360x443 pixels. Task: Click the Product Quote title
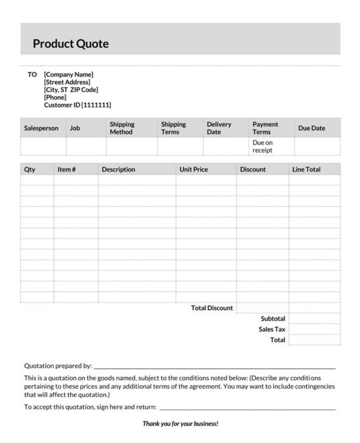point(71,44)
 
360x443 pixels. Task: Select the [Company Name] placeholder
point(68,75)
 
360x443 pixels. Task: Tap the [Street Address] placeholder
point(67,82)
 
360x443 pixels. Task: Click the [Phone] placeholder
point(55,97)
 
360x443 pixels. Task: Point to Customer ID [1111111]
point(77,105)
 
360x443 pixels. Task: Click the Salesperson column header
point(41,128)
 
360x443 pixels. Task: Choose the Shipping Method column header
point(122,128)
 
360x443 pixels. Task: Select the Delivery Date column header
point(219,128)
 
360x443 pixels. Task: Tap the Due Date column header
point(312,128)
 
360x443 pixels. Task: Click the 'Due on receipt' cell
point(262,146)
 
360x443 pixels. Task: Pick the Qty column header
point(29,169)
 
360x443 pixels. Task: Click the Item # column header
point(67,169)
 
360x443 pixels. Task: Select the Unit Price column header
point(194,169)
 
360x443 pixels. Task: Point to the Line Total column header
point(306,169)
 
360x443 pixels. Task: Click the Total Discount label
point(211,308)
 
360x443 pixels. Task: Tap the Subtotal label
point(272,318)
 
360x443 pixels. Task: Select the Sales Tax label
point(272,329)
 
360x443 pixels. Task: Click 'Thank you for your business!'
point(180,424)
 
